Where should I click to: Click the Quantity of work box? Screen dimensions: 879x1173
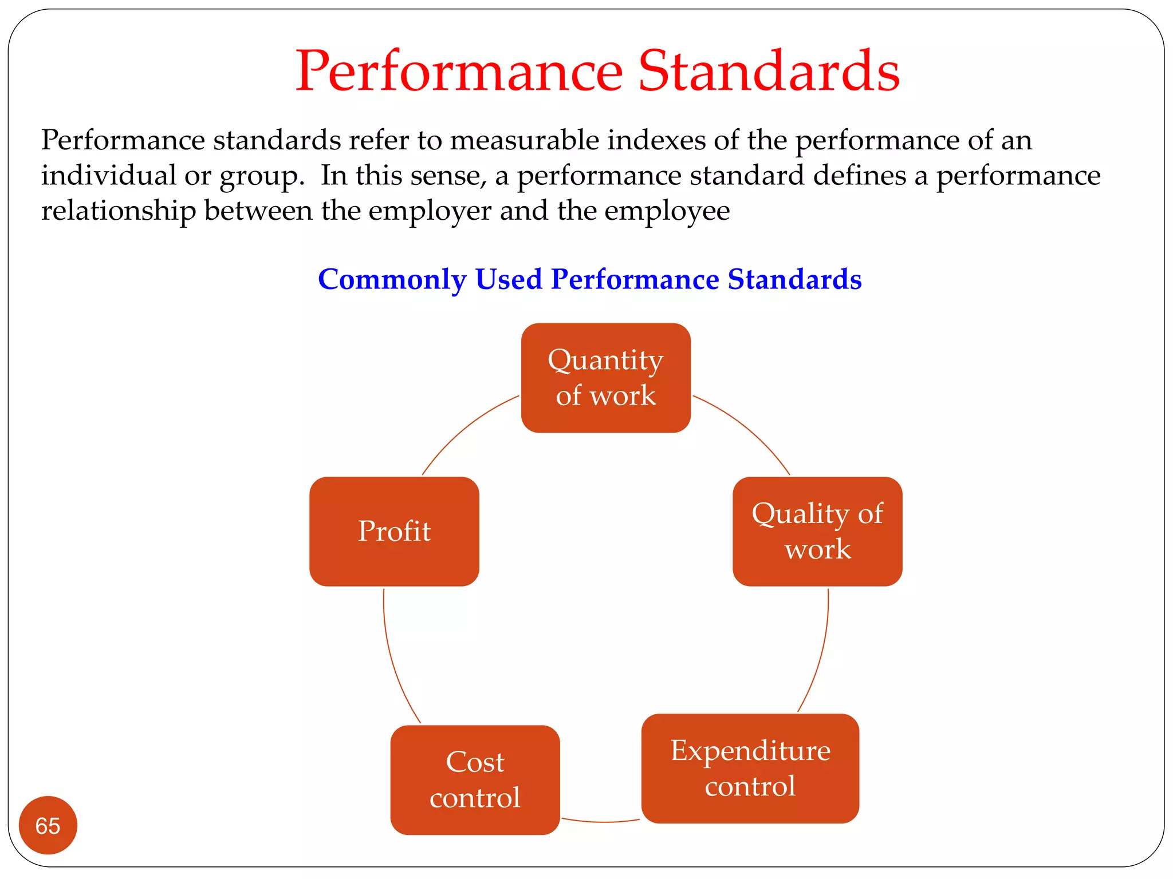pos(605,378)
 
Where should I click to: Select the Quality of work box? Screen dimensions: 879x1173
pos(817,531)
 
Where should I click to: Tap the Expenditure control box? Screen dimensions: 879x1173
pos(750,768)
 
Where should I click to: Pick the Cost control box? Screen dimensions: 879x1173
pos(475,779)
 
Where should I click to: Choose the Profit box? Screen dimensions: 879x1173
pos(394,531)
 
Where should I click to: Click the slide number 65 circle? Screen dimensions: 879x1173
pos(48,825)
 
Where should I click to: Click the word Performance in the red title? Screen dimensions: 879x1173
pos(459,71)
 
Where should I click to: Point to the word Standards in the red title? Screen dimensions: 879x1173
pos(769,71)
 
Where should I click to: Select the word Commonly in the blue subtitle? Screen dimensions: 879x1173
pos(392,279)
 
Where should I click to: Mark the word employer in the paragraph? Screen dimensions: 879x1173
pos(430,211)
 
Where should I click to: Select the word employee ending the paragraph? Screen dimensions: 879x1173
pos(667,211)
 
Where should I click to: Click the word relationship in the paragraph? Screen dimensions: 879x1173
pos(119,211)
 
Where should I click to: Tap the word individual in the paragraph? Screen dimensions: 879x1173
pos(108,175)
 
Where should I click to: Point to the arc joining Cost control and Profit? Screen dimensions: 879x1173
pos(393,664)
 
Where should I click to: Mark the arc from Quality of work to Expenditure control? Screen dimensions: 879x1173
pos(820,658)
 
